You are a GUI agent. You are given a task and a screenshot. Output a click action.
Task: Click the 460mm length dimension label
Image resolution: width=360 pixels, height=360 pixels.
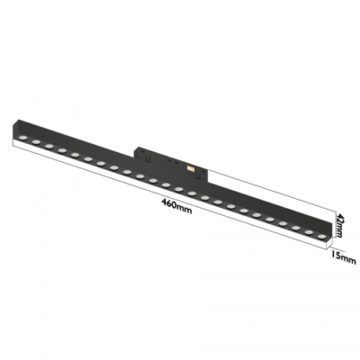pyautogui.click(x=176, y=206)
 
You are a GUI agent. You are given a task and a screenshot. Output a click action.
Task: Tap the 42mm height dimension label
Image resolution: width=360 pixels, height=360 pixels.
pyautogui.click(x=339, y=225)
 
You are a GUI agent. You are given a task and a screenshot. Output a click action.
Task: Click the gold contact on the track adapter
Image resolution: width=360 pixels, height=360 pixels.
pyautogui.click(x=190, y=169)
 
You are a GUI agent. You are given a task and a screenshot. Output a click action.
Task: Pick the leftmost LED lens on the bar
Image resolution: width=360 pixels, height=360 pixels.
pyautogui.click(x=23, y=138)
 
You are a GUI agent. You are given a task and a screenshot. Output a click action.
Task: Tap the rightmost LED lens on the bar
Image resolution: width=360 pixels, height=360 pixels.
pyautogui.click(x=321, y=237)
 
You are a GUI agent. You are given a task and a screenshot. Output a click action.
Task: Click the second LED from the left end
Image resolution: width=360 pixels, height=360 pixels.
pyautogui.click(x=36, y=142)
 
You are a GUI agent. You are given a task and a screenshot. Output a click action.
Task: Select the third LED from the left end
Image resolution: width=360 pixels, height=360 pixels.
pyautogui.click(x=49, y=146)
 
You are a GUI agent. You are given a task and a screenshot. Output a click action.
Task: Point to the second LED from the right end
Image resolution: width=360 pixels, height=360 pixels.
pyautogui.click(x=309, y=232)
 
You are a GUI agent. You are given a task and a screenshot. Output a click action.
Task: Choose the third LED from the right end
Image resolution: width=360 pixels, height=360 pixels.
pyautogui.click(x=296, y=229)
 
